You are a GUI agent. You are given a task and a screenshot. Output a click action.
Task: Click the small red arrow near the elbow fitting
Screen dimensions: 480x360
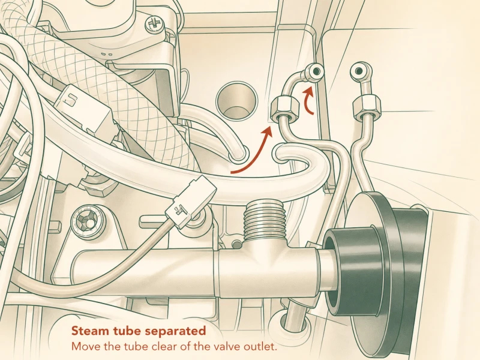(308, 100)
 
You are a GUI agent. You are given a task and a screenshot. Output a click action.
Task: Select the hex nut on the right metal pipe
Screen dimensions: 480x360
(367, 107)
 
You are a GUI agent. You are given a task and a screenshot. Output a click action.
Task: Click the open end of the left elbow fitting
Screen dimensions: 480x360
(316, 71)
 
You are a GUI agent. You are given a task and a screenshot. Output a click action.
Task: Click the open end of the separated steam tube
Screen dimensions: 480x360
(280, 154)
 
